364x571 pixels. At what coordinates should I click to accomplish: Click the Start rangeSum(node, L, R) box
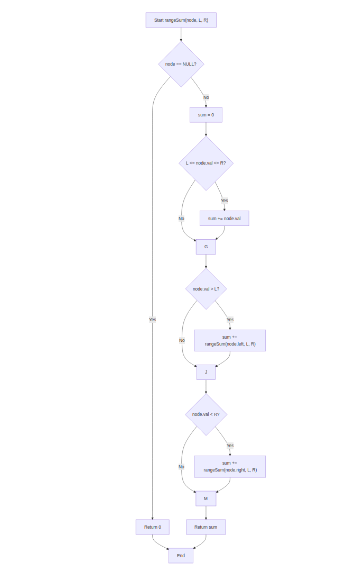[x=181, y=20]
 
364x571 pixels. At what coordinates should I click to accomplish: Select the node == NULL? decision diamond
[x=181, y=64]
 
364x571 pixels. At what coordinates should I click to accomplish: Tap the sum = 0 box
[x=206, y=115]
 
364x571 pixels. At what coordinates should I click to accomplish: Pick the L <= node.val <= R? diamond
[x=206, y=163]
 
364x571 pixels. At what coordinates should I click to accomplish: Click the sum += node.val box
[x=224, y=219]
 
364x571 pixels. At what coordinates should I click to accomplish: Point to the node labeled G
[x=206, y=247]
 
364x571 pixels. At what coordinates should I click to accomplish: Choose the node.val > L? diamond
[x=206, y=289]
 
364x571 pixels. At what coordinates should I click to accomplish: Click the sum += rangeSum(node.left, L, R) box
[x=230, y=340]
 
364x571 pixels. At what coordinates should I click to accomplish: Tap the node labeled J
[x=206, y=372]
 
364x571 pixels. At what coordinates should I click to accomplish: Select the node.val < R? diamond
[x=206, y=414]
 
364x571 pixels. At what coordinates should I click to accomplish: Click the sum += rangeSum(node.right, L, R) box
[x=230, y=466]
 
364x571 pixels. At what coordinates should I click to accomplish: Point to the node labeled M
[x=206, y=499]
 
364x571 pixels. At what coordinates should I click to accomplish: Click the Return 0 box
[x=152, y=527]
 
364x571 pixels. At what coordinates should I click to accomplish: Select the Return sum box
[x=206, y=527]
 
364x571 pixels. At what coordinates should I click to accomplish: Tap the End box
[x=181, y=556]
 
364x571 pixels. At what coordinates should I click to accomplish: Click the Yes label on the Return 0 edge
[x=152, y=320]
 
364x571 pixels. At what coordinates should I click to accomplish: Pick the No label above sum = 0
[x=206, y=97]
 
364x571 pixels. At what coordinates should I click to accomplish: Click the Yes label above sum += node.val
[x=224, y=201]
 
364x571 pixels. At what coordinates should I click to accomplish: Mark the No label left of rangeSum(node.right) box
[x=181, y=467]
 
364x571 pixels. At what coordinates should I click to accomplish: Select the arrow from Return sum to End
[x=200, y=543]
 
